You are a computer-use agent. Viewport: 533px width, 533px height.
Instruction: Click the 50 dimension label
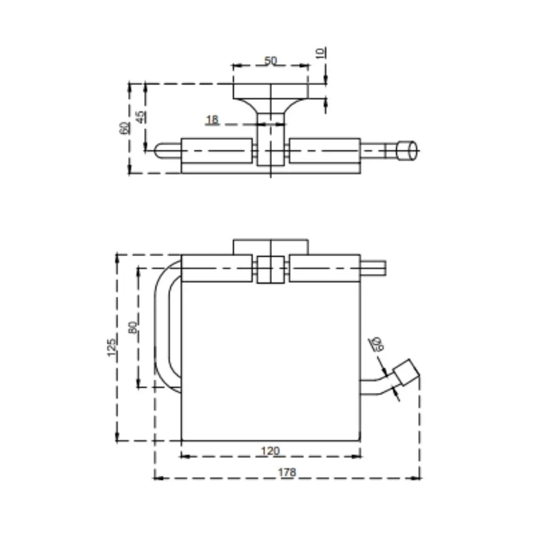tap(270, 61)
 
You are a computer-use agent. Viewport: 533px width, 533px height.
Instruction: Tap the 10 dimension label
tap(321, 53)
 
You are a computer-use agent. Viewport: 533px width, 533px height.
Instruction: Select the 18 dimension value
tap(212, 119)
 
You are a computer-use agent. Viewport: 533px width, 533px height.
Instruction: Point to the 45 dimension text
tap(140, 117)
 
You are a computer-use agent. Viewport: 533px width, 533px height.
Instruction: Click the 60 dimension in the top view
tap(124, 128)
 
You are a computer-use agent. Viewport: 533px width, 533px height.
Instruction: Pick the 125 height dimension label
tap(112, 347)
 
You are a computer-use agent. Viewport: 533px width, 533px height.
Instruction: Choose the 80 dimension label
tap(133, 327)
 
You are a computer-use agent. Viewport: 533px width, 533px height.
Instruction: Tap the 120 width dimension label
tap(270, 451)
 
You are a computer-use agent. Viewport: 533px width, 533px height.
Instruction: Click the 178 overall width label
tap(287, 472)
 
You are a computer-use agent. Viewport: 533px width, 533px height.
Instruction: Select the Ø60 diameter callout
tap(377, 343)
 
